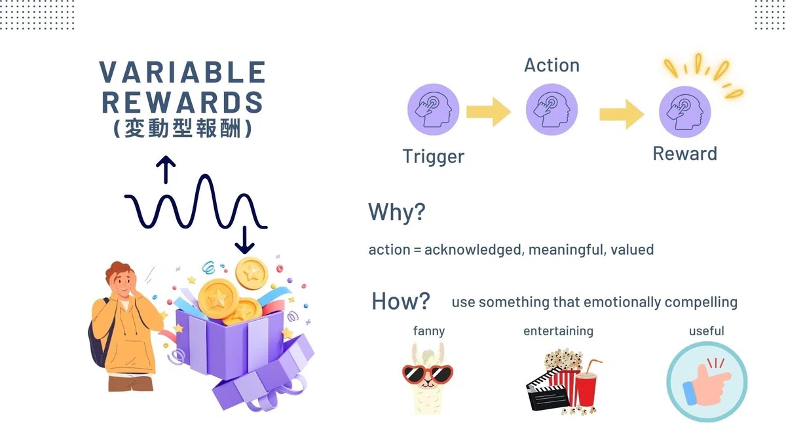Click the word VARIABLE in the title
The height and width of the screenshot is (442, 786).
pos(183,72)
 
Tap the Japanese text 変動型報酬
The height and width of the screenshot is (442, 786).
pos(183,128)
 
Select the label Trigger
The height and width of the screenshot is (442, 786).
pos(434,157)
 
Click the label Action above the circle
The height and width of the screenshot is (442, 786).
pos(552,65)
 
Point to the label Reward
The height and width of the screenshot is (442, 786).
pos(684,154)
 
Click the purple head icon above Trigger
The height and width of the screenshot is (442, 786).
pos(434,109)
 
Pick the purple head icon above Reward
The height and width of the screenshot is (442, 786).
pos(685,112)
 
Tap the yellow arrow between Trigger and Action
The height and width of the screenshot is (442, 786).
pos(489,112)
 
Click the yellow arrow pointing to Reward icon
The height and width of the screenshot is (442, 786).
pos(622,115)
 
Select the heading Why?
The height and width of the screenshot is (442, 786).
pos(397,212)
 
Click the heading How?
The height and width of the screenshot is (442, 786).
pos(401,301)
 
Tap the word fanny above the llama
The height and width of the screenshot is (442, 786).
pos(429,331)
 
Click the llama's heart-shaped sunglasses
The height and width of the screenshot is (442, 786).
pos(428,375)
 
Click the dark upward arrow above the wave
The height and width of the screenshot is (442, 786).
pos(166,170)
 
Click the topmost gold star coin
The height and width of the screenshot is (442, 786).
pos(252,274)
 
